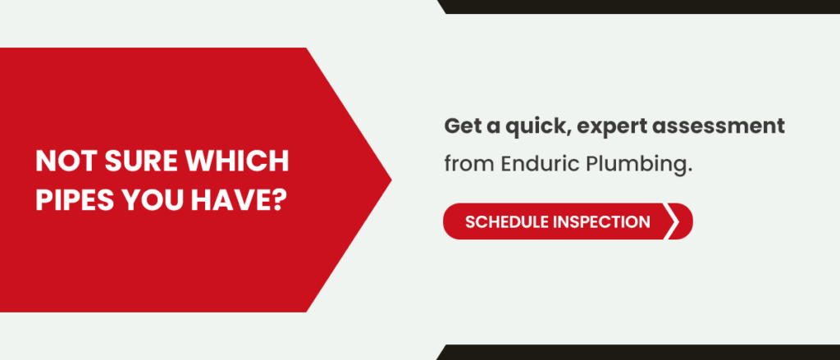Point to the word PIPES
point(74,198)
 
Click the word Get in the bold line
point(462,127)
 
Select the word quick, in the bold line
point(525,127)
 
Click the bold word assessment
point(724,127)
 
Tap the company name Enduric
point(539,163)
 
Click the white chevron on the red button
point(674,222)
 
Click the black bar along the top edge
point(640,7)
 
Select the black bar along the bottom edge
point(640,353)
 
